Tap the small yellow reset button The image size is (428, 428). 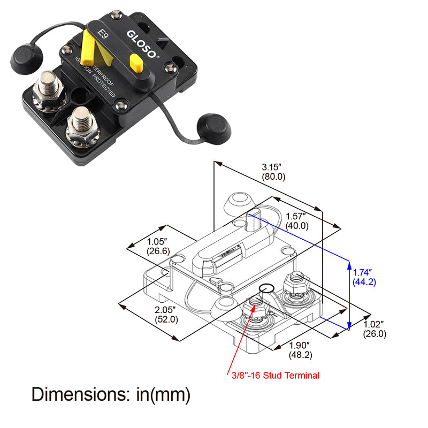click(x=136, y=64)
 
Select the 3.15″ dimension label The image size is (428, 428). click(x=273, y=166)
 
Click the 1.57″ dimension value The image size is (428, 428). click(x=295, y=216)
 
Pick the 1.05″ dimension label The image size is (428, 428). click(x=158, y=241)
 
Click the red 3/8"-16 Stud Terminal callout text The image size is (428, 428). click(x=276, y=376)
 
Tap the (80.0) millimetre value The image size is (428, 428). click(x=273, y=176)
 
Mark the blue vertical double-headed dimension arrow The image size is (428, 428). click(x=349, y=294)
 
